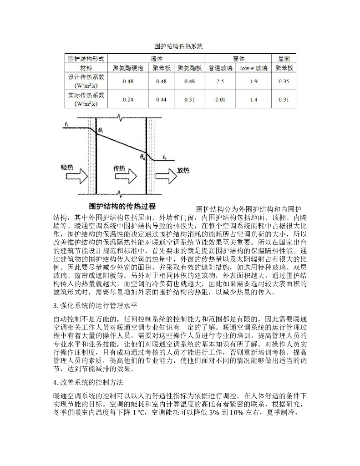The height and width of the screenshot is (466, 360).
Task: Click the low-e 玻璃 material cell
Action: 254,67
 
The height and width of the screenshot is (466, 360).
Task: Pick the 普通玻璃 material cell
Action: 220,67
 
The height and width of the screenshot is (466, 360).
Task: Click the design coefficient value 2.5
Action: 220,81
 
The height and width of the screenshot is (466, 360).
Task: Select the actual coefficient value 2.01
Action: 220,99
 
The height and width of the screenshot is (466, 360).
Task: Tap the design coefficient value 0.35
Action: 284,81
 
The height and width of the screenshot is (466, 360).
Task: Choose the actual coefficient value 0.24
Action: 128,99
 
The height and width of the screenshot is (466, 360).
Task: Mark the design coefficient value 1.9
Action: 254,81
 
